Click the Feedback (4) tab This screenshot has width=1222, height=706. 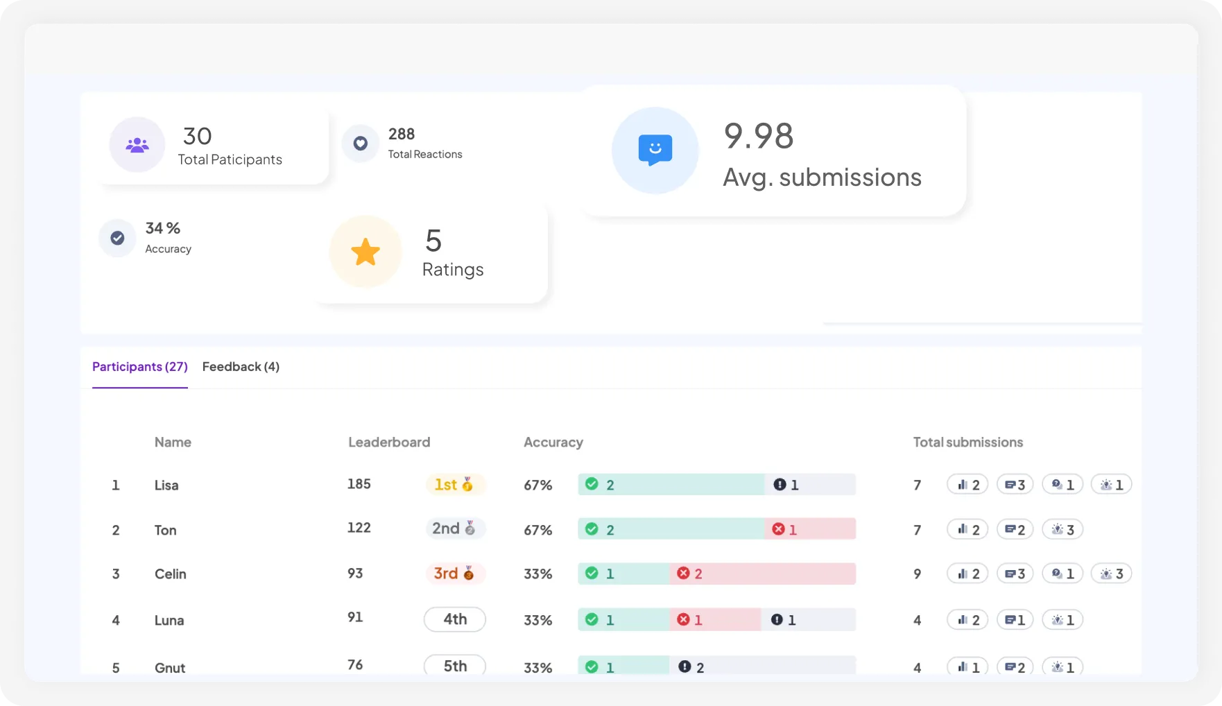[x=241, y=367]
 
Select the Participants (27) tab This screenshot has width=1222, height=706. [x=140, y=367]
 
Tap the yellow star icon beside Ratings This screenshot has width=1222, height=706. [x=365, y=252]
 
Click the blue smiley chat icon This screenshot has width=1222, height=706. [x=655, y=150]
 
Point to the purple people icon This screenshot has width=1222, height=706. [x=137, y=145]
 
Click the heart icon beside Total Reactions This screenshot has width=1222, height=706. [x=361, y=144]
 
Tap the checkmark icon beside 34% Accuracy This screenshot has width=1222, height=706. [x=118, y=238]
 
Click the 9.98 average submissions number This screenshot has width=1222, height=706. [x=759, y=136]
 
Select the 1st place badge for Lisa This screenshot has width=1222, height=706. [x=454, y=485]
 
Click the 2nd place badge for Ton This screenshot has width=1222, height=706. [x=454, y=528]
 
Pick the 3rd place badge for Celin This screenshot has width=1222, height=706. [x=454, y=574]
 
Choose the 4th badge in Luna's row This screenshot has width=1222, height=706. [x=455, y=619]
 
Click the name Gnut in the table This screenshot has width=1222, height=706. [x=170, y=668]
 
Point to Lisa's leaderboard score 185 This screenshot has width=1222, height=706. [x=359, y=484]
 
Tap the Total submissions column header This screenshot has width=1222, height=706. [x=967, y=442]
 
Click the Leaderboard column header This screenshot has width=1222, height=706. [x=389, y=442]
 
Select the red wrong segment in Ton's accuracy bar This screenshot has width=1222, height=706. [x=810, y=529]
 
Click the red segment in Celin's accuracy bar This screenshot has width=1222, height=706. [x=763, y=574]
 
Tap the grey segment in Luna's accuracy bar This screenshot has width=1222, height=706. [x=809, y=620]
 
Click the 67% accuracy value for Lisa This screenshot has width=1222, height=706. [x=537, y=485]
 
